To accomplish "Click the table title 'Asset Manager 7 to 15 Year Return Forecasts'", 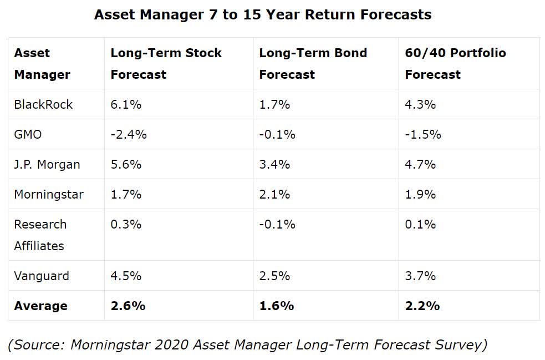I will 263,14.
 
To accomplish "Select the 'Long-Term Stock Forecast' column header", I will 166,64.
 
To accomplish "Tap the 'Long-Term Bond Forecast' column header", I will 313,64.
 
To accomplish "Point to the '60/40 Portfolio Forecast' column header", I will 455,64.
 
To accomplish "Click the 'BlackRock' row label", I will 43,104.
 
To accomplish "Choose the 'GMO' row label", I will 28,134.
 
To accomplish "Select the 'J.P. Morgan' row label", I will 47,164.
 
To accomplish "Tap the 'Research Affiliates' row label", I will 40,235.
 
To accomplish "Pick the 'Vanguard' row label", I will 42,276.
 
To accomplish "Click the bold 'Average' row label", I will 40,306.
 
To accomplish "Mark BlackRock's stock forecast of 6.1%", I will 126,104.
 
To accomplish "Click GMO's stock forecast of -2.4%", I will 129,134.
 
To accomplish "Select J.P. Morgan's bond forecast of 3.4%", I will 274,164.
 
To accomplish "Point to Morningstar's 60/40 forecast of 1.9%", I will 420,194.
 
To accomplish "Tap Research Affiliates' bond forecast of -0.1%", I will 277,224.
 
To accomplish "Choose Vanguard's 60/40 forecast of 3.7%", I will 420,276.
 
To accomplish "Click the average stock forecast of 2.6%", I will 128,306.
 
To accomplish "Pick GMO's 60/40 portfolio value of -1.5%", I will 423,134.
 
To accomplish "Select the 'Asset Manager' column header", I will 42,64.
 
